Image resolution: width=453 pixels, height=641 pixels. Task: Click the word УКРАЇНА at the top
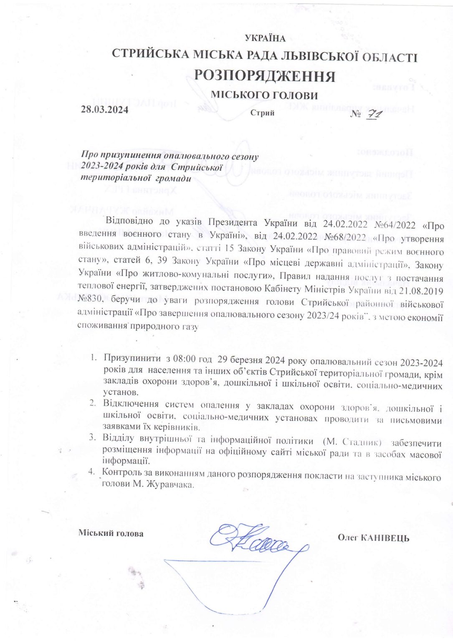266,39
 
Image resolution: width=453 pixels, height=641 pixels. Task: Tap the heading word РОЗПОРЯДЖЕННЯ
265,76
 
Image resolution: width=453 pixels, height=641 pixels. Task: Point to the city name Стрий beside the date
263,113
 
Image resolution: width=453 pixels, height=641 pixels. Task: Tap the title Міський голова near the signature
111,533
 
